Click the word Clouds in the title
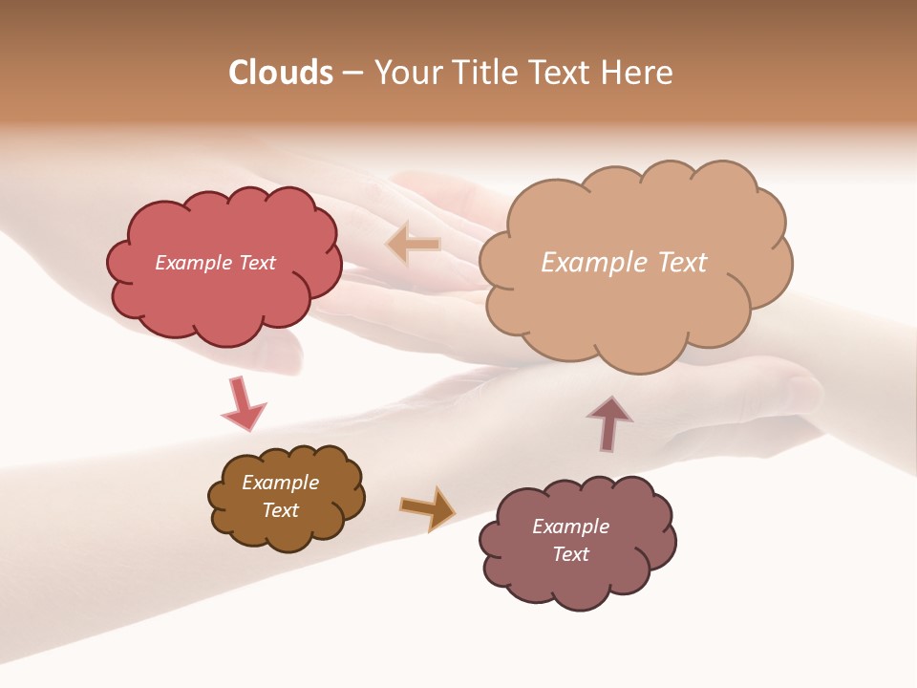[281, 73]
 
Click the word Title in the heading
[487, 73]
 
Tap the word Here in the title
[636, 73]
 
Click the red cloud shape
[223, 296]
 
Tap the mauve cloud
[577, 583]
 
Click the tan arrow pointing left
[413, 244]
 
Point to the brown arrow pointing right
[428, 507]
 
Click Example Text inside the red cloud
[215, 263]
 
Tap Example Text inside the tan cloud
[624, 262]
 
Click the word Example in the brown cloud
[280, 483]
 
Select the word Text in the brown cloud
[280, 510]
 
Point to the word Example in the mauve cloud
[570, 527]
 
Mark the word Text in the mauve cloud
[570, 554]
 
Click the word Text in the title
[562, 73]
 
